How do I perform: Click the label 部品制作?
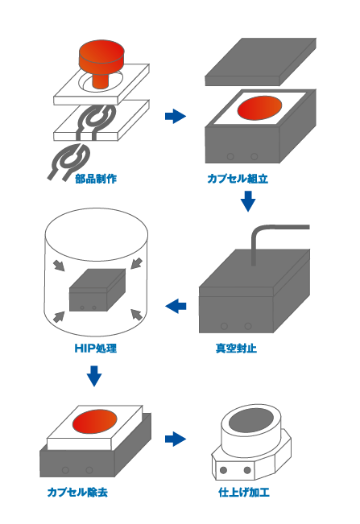pyautogui.click(x=96, y=178)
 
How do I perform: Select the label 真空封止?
pyautogui.click(x=237, y=348)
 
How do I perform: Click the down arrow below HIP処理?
pyautogui.click(x=94, y=375)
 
